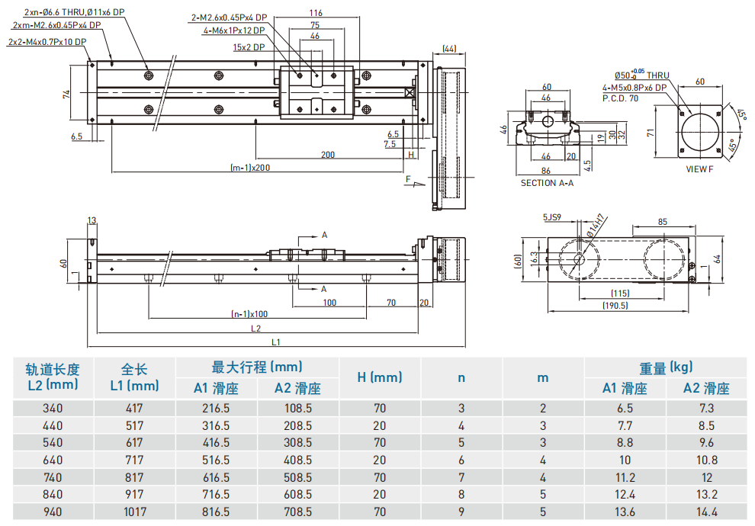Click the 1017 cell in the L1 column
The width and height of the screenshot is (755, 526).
pos(134,512)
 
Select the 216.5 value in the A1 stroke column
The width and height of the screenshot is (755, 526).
pos(216,408)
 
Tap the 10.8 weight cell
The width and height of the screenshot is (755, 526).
pos(706,460)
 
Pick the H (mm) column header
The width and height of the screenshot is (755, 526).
pos(379,377)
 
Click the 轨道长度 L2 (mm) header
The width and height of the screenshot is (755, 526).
pos(52,377)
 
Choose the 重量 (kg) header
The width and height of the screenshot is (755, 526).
pos(666,368)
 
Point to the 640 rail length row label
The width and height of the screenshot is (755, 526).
pos(53,460)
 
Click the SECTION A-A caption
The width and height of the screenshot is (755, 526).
pos(547,183)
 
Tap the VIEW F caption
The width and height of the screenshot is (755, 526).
pos(699,168)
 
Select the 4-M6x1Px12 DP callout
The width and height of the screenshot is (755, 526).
pos(234,31)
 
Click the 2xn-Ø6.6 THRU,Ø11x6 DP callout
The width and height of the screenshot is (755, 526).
pos(74,13)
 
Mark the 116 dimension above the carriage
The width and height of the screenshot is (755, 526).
pos(316,13)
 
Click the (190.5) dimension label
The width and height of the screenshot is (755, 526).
pos(615,306)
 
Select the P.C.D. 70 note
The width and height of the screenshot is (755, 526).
pos(620,98)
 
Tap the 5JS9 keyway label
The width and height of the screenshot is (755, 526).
pos(552,217)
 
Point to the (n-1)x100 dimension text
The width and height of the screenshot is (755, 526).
pos(249,313)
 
